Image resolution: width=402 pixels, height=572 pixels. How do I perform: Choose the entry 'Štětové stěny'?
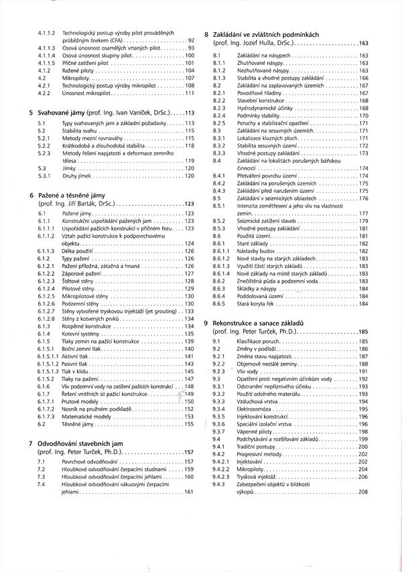coord(78,281)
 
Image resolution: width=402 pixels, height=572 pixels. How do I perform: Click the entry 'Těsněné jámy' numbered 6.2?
coord(79,424)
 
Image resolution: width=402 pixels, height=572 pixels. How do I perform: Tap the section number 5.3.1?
coord(42,175)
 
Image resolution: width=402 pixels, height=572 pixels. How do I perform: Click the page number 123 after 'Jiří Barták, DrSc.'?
coord(188,203)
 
